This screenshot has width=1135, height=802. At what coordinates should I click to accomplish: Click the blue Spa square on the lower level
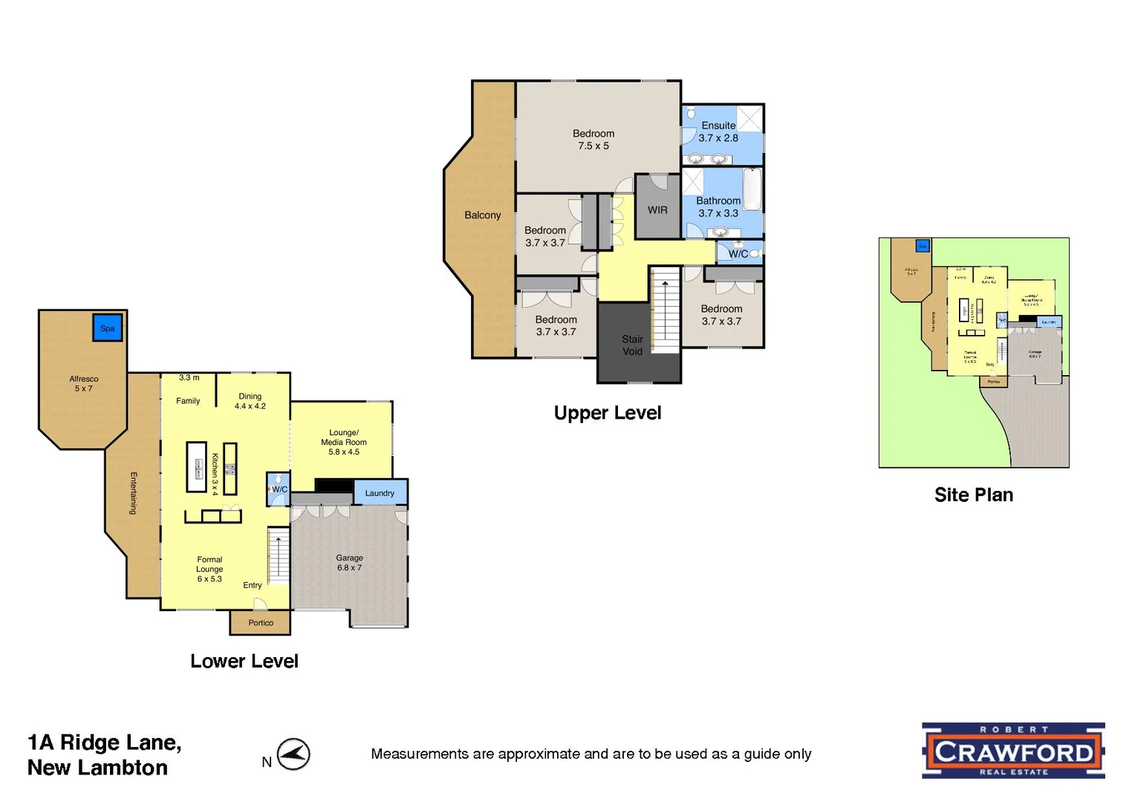[108, 327]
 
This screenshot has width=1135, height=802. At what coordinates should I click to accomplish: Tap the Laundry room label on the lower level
[380, 493]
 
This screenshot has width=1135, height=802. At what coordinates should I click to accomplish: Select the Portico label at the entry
[261, 623]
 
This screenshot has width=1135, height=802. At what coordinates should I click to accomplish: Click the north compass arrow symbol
[294, 754]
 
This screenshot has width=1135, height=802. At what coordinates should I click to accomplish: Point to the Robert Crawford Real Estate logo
[1013, 751]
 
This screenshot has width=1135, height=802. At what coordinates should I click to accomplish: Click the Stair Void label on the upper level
[632, 345]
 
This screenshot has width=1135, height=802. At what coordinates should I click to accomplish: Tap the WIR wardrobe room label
[657, 210]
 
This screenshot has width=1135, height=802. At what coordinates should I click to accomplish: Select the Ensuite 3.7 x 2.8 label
[718, 132]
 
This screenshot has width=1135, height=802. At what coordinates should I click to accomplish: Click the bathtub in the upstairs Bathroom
[752, 190]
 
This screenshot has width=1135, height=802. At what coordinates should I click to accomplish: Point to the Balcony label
[483, 215]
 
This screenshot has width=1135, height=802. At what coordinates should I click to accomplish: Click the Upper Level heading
[607, 413]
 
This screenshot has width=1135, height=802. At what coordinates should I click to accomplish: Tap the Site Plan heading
[973, 495]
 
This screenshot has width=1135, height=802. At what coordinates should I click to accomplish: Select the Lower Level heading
[244, 661]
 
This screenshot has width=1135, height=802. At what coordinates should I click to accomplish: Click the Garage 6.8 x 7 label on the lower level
[349, 563]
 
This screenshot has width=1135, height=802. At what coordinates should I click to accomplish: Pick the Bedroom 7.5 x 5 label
[593, 140]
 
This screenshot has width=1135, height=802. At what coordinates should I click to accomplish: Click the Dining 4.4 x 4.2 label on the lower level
[250, 401]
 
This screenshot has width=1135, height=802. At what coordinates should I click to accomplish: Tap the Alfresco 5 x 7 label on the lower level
[84, 383]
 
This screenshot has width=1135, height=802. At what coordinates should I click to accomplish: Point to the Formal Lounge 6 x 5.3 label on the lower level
[209, 569]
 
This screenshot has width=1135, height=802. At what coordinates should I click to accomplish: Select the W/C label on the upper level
[738, 254]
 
